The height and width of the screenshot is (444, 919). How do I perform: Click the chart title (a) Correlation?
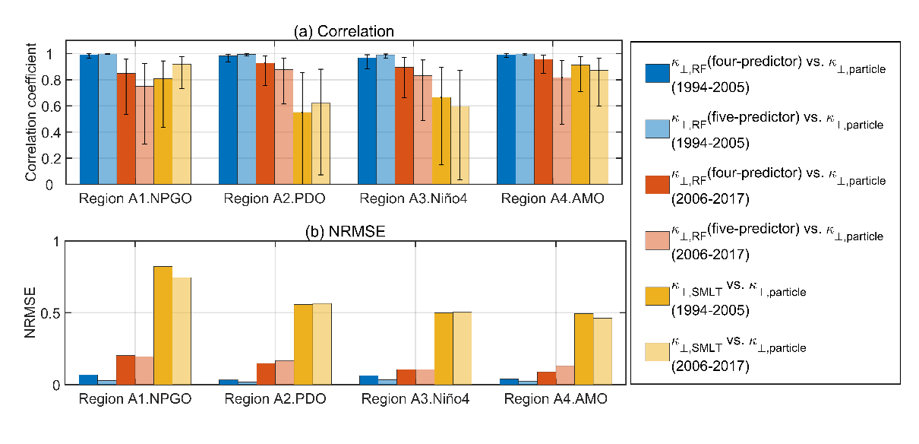coord(345,30)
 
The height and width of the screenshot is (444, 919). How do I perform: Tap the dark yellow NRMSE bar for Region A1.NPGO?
coord(163,325)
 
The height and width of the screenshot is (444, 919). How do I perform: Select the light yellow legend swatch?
coord(656,352)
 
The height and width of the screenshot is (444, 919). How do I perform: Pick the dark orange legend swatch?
coord(656,185)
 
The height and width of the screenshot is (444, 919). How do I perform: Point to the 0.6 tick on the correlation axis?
coord(49,106)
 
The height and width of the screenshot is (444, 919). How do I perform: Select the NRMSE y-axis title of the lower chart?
coord(31,313)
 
